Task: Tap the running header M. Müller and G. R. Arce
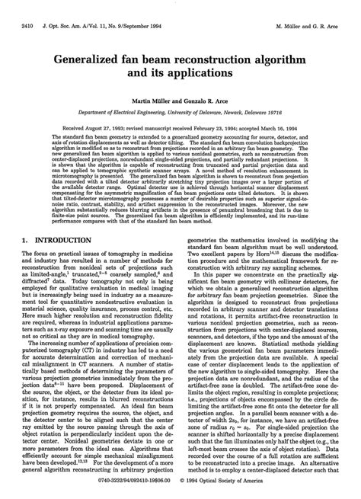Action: [x=311, y=7]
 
